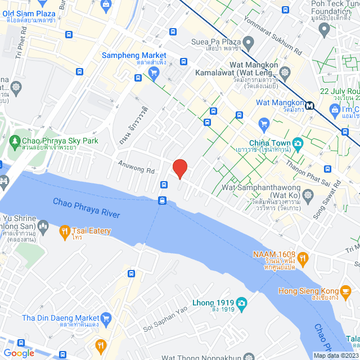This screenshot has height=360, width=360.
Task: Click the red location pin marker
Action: (179, 168)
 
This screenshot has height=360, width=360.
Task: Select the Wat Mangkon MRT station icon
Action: (309, 105)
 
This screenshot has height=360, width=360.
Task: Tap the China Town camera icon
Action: (298, 143)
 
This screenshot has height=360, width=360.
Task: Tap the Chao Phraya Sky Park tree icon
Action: (15, 144)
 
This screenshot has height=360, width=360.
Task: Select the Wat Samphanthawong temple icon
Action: (308, 195)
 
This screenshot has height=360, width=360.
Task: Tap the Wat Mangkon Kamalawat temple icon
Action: (286, 72)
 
